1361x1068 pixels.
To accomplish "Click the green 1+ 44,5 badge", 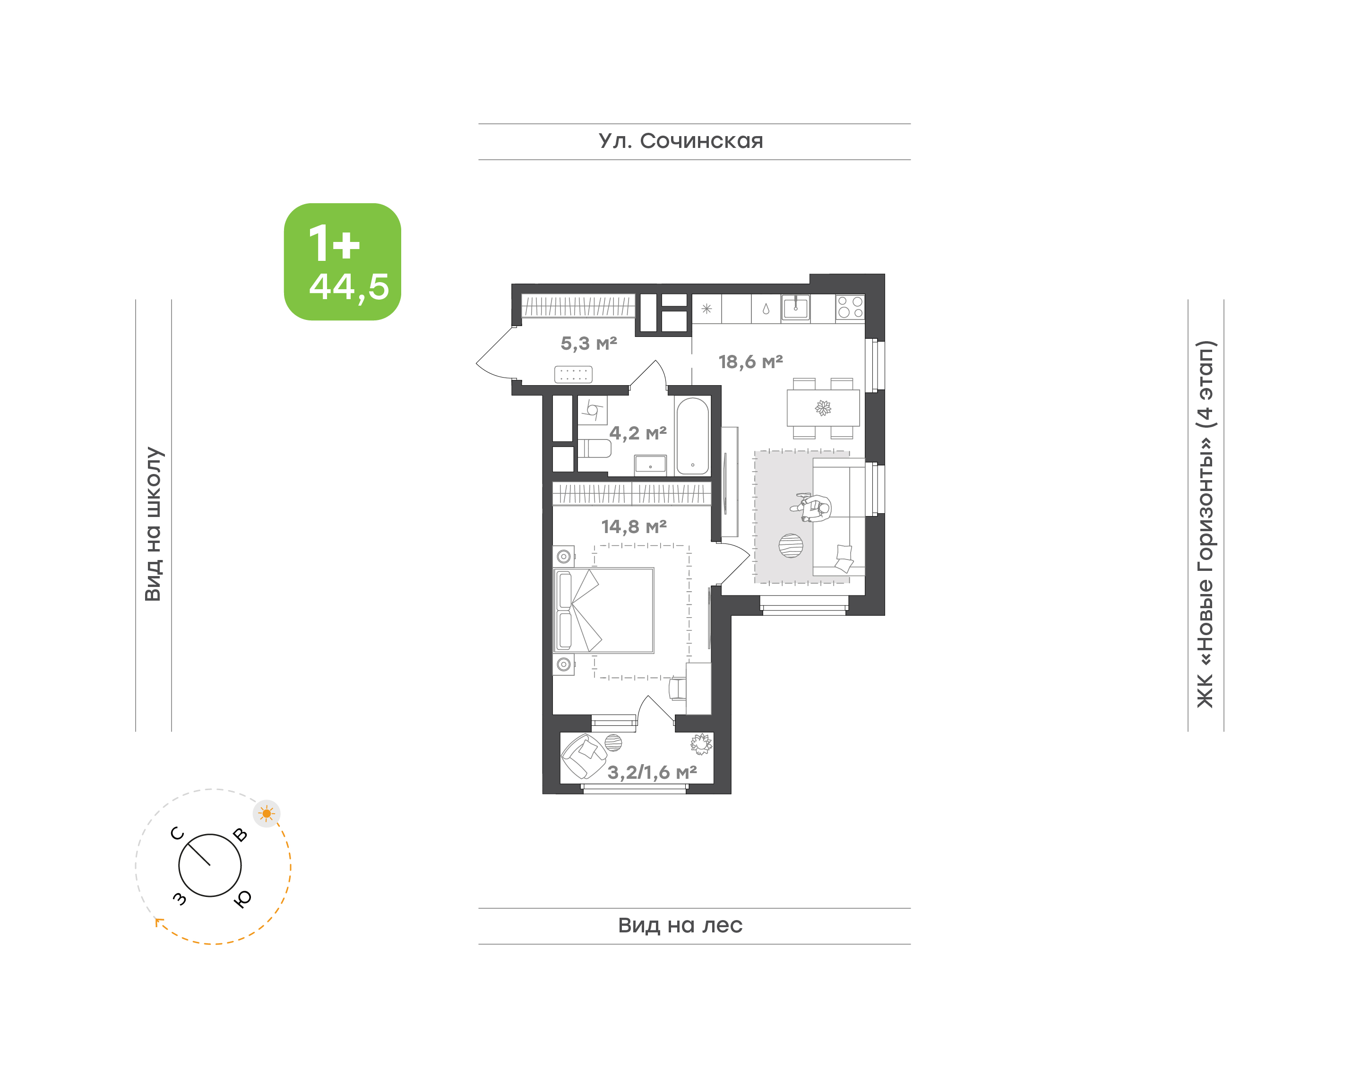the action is click(x=342, y=261).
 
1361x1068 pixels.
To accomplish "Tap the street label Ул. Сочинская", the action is click(x=681, y=141).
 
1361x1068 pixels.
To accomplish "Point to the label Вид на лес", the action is click(x=680, y=925).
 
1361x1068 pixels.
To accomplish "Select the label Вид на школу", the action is click(x=154, y=524).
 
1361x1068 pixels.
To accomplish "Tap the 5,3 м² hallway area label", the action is click(x=588, y=343).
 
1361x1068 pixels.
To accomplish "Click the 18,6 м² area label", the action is click(x=750, y=362).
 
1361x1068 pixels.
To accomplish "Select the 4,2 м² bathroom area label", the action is click(x=637, y=433).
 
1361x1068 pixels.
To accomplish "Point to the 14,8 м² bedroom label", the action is click(x=634, y=526).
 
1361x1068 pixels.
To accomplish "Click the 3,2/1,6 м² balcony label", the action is click(x=652, y=772).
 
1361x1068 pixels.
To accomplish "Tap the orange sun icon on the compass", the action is click(x=267, y=813).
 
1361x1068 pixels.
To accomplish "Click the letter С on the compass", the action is click(x=178, y=834).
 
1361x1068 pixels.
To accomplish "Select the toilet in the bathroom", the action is click(x=594, y=448).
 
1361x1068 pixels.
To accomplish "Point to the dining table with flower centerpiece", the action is click(x=823, y=408).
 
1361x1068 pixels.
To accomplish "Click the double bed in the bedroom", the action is click(x=603, y=610).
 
